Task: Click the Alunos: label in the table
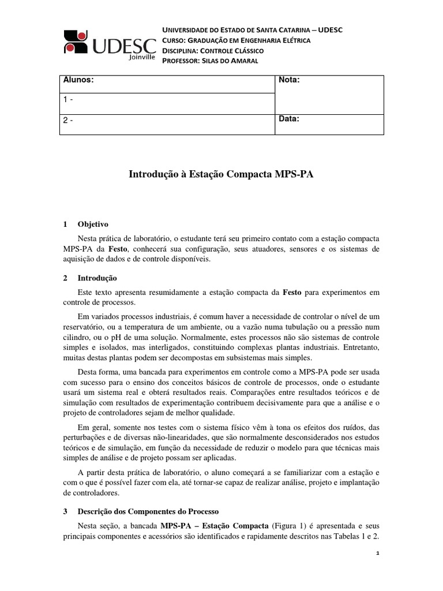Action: (78, 81)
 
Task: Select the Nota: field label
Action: (289, 81)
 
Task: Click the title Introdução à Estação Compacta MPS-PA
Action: (221, 174)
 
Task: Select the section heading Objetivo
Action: (93, 224)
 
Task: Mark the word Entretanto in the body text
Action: (361, 348)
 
